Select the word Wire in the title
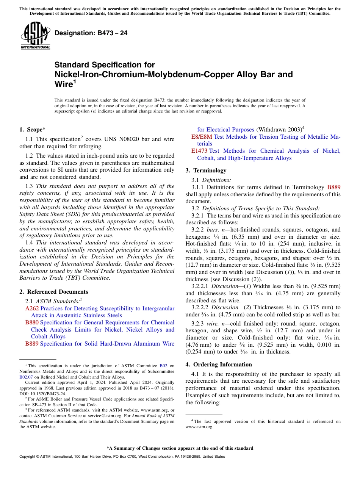tap(63, 84)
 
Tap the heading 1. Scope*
tap(33, 130)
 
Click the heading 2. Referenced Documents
tap(54, 292)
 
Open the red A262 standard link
tap(32, 308)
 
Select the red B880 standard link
tap(32, 322)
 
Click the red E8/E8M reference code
tap(202, 137)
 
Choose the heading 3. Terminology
tap(206, 171)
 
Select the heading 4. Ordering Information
tap(219, 365)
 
